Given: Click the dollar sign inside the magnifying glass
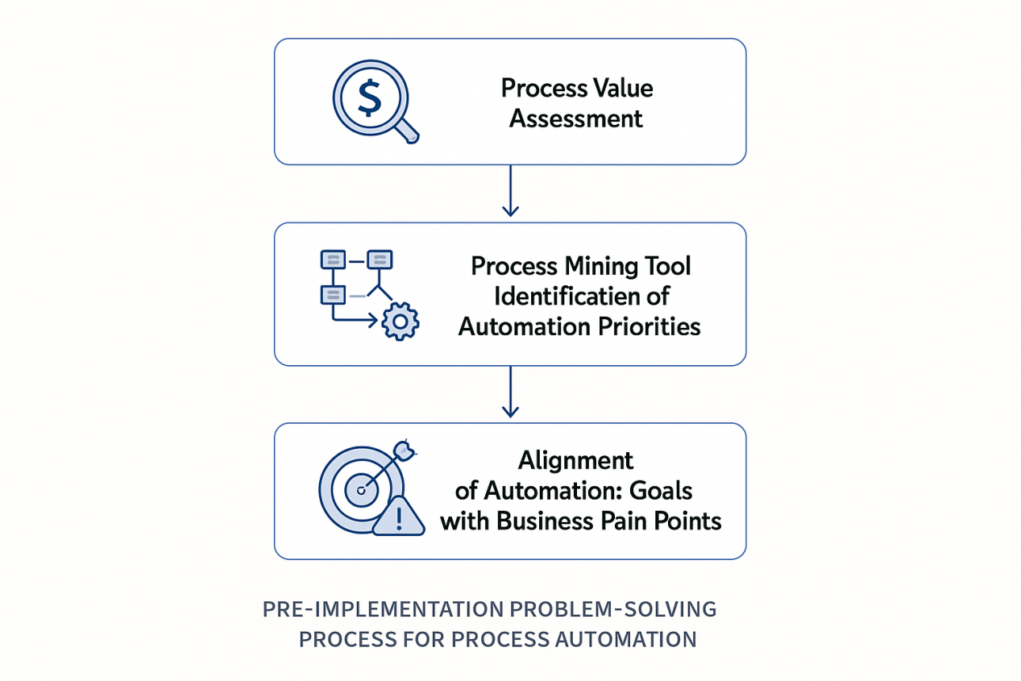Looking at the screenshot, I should [369, 98].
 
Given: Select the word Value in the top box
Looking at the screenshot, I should [622, 88].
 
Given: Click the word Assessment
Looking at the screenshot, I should [576, 119].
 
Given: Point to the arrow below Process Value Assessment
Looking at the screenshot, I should [509, 193].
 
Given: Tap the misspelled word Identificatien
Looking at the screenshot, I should [557, 296].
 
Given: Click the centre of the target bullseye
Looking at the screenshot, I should [360, 489].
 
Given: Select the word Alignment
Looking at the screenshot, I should [575, 460].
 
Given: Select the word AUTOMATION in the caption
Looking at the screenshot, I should [625, 640].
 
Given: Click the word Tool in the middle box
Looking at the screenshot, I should [666, 266].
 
